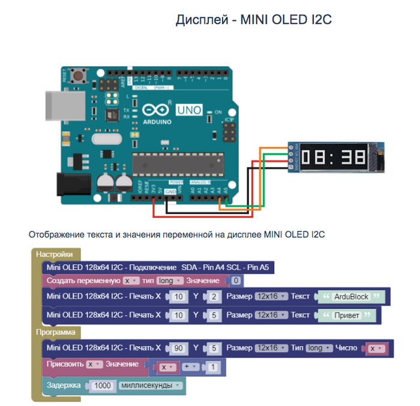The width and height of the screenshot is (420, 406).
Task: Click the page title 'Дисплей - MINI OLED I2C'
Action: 253,20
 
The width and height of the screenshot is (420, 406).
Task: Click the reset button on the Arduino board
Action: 77,76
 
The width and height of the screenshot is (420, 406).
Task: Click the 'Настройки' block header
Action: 54,254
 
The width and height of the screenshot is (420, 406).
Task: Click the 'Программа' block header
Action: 55,331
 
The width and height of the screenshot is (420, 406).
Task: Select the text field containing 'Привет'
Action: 345,314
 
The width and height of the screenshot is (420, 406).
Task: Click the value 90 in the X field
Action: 178,348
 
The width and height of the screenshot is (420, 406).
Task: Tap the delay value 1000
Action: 103,386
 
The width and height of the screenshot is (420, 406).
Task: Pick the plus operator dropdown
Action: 191,366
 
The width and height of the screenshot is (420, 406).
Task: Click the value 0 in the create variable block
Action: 236,280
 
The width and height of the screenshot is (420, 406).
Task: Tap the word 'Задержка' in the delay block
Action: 64,386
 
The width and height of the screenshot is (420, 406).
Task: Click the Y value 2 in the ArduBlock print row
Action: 213,297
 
